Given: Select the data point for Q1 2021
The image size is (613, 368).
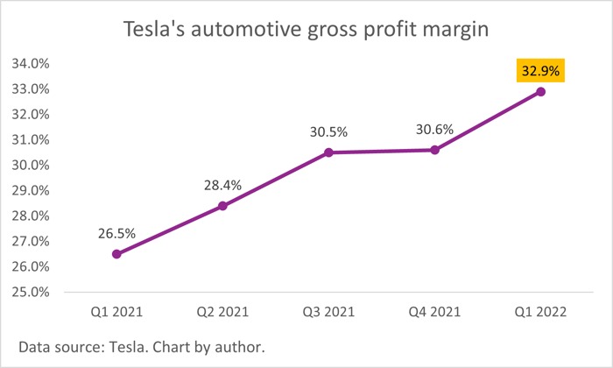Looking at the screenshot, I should click(x=116, y=254).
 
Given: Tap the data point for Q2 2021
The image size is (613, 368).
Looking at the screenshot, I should click(x=222, y=206).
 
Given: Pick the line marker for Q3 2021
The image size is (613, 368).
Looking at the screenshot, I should click(x=328, y=152).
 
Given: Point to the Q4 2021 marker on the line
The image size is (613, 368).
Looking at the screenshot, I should click(x=434, y=150).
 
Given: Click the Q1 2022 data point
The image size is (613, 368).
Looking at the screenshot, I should click(x=541, y=91).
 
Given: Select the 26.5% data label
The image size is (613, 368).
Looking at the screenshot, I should click(x=116, y=233).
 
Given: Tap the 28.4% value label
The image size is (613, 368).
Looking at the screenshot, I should click(x=222, y=185).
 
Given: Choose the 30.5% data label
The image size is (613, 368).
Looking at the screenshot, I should click(x=328, y=131).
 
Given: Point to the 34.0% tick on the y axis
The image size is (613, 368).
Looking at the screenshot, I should click(x=31, y=64).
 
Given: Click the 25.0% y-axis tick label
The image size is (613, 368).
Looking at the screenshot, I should click(x=31, y=292).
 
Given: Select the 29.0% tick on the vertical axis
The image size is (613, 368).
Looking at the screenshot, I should click(x=31, y=190).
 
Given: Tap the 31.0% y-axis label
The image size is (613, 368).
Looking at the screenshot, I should click(x=31, y=140).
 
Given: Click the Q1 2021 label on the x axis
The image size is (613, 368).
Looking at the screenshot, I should click(x=116, y=310).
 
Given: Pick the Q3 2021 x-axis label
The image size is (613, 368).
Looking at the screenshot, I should click(x=328, y=310).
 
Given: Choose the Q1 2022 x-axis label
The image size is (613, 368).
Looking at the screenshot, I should click(x=541, y=310).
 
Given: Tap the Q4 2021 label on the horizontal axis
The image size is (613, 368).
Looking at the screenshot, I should click(x=434, y=310).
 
